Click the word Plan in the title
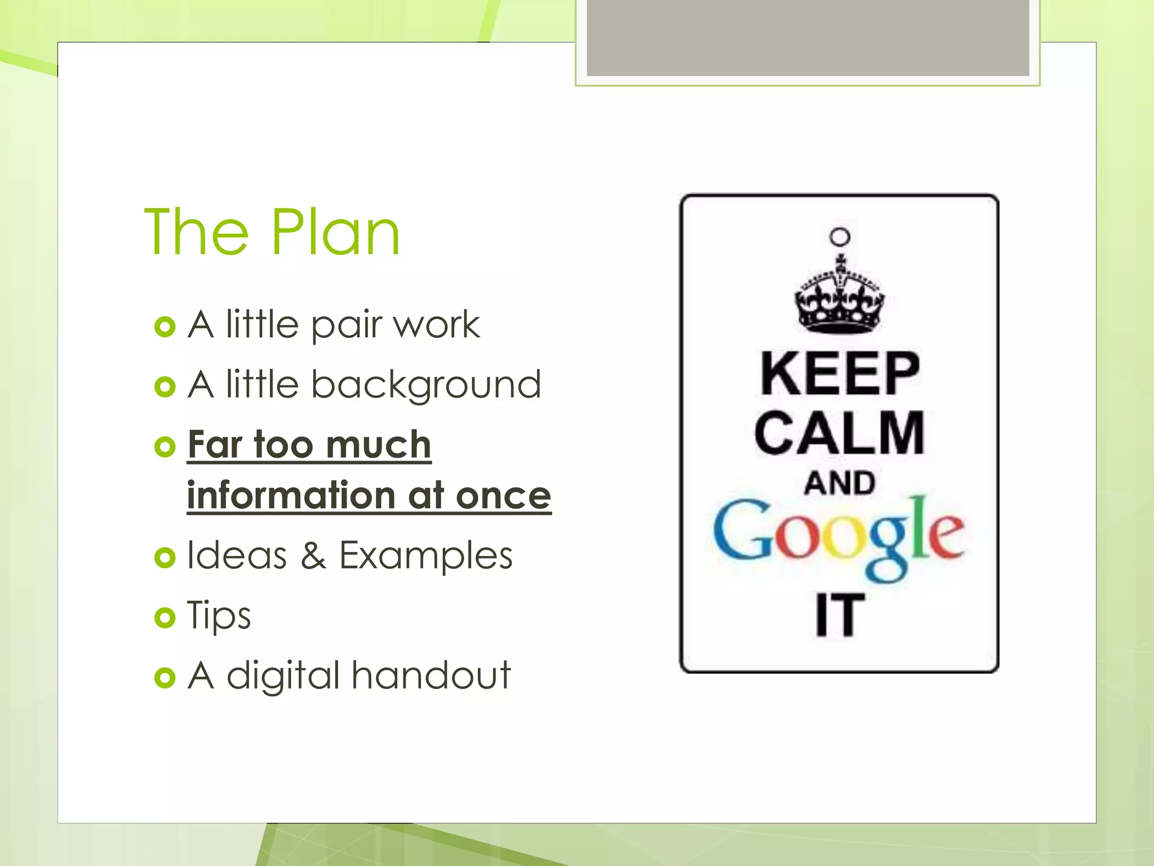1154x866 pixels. (336, 232)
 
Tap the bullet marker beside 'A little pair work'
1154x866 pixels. (165, 327)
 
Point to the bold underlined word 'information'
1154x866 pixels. (291, 495)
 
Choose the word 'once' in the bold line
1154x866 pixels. (503, 495)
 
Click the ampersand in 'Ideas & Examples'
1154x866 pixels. (313, 556)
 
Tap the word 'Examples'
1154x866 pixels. (425, 557)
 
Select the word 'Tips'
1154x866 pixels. (219, 616)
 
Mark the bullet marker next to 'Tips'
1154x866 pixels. (165, 618)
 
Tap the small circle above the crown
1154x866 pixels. (840, 237)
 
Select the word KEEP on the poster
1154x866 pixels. (840, 373)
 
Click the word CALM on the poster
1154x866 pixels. (840, 433)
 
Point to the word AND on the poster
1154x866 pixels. (840, 484)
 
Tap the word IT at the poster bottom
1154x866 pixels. (840, 616)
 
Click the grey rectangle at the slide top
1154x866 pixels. (807, 37)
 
